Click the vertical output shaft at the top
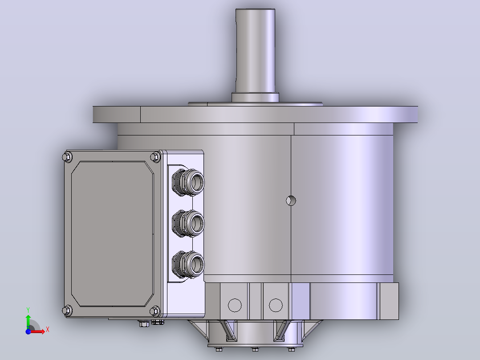[255, 50]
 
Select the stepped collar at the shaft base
[255, 97]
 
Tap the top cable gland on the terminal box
[188, 182]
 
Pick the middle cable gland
[188, 223]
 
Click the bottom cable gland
[188, 265]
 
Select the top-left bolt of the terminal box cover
[67, 157]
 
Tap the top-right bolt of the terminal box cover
[155, 157]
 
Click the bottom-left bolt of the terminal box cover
[67, 311]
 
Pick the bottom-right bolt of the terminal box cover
[155, 311]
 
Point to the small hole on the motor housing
[291, 200]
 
